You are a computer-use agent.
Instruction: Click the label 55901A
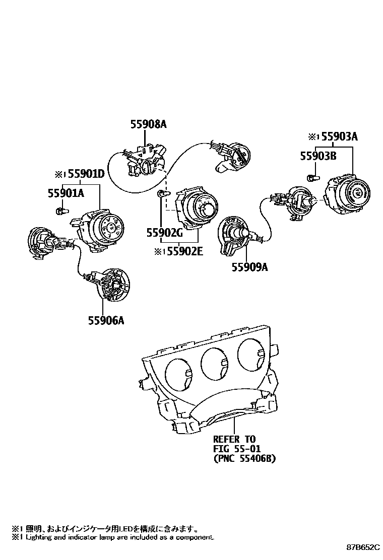click(66, 192)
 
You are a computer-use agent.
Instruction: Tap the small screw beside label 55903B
click(311, 177)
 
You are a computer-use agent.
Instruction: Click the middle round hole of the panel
click(215, 365)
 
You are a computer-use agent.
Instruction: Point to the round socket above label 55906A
click(115, 285)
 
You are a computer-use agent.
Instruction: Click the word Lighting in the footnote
click(35, 537)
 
